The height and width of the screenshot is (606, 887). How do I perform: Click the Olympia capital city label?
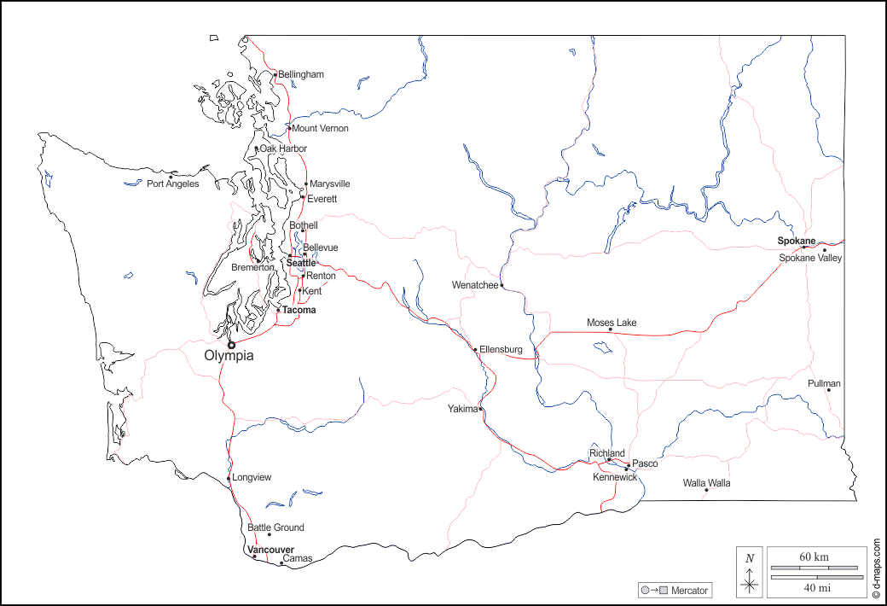229,356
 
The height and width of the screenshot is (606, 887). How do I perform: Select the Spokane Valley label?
810,258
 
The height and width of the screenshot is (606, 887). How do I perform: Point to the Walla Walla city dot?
706,490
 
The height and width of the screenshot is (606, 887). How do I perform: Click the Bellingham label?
301,74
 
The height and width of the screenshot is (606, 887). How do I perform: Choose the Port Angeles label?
172,184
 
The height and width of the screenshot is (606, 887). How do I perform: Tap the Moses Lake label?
612,323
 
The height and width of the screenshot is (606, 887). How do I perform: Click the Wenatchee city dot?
501,285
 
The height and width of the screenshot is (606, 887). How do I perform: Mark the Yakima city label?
462,409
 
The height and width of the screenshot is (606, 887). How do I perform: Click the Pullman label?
824,383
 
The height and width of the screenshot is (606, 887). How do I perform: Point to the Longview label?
252,477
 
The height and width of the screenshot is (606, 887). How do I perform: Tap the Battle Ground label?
275,527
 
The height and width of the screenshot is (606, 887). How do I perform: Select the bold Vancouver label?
271,550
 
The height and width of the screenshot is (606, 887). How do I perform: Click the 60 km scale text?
814,556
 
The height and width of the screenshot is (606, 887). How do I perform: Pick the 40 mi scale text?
814,586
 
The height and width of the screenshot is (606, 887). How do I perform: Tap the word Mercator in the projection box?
689,591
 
